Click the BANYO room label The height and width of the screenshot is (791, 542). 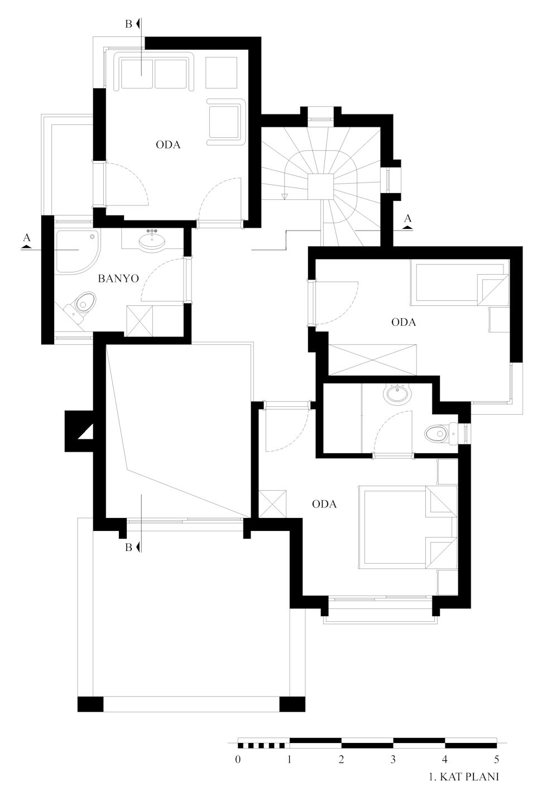click(118, 279)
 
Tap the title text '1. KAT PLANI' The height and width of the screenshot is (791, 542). click(464, 777)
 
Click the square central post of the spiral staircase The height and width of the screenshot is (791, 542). click(320, 187)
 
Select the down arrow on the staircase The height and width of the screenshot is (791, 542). click(284, 196)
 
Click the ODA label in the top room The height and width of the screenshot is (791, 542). click(168, 145)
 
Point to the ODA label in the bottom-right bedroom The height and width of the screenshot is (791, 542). click(324, 504)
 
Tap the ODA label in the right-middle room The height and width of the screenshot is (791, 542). click(404, 322)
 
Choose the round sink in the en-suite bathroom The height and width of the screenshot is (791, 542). click(399, 394)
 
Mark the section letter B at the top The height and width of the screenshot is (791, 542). click(128, 25)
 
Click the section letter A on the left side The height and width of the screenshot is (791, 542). click(26, 238)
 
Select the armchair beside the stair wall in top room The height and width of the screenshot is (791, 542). click(226, 122)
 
